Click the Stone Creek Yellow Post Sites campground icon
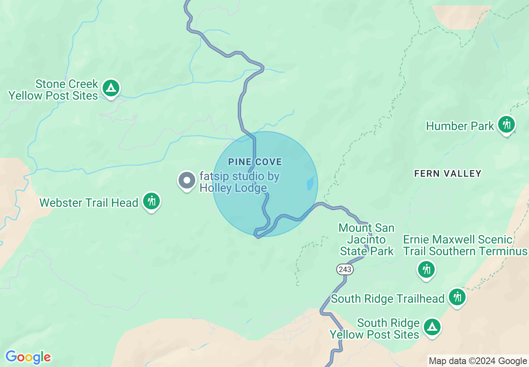[x=111, y=88]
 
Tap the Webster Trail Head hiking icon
[x=151, y=201]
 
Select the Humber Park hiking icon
[x=506, y=124]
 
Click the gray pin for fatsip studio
[x=187, y=181]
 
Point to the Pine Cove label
[x=255, y=162]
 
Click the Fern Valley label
[x=448, y=173]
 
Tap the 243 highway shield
[x=345, y=269]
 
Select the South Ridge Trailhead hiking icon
[x=457, y=297]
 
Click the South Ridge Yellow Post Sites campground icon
[x=432, y=327]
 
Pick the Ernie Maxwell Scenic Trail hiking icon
[x=426, y=269]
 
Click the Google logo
[x=28, y=357]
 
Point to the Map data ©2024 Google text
[x=478, y=361]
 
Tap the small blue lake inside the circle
[x=310, y=183]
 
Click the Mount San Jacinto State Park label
[x=367, y=239]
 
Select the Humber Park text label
[x=460, y=126]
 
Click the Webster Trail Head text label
[x=89, y=203]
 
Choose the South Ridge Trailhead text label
[x=388, y=299]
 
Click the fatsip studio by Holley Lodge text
[x=239, y=182]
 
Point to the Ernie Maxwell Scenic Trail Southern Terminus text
[x=465, y=245]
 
